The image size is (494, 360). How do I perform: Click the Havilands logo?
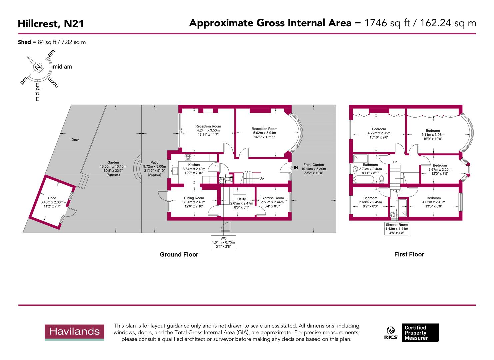click(x=74, y=332)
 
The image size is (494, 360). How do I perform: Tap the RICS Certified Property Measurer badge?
click(x=412, y=332)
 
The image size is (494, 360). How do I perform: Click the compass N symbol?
click(x=38, y=67)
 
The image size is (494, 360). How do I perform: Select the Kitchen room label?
click(x=194, y=165)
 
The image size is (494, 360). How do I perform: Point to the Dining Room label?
click(x=194, y=198)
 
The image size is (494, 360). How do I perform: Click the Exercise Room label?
click(x=272, y=198)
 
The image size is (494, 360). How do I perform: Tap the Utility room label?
click(x=241, y=199)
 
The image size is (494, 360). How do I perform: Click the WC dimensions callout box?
click(x=223, y=242)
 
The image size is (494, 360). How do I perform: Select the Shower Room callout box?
click(x=397, y=229)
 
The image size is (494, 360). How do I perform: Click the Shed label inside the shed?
click(x=52, y=198)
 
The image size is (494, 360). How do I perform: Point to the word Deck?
click(x=75, y=140)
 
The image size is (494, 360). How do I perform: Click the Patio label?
click(x=154, y=163)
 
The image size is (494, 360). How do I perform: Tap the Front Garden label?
click(x=313, y=165)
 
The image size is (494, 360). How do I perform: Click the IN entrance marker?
click(x=296, y=168)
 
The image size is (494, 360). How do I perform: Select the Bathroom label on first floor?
click(x=370, y=165)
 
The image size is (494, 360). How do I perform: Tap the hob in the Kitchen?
click(x=188, y=158)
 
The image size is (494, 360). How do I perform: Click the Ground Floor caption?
click(x=179, y=255)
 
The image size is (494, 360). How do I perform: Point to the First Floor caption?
click(x=409, y=254)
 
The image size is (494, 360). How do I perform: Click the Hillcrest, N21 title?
click(x=51, y=24)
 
